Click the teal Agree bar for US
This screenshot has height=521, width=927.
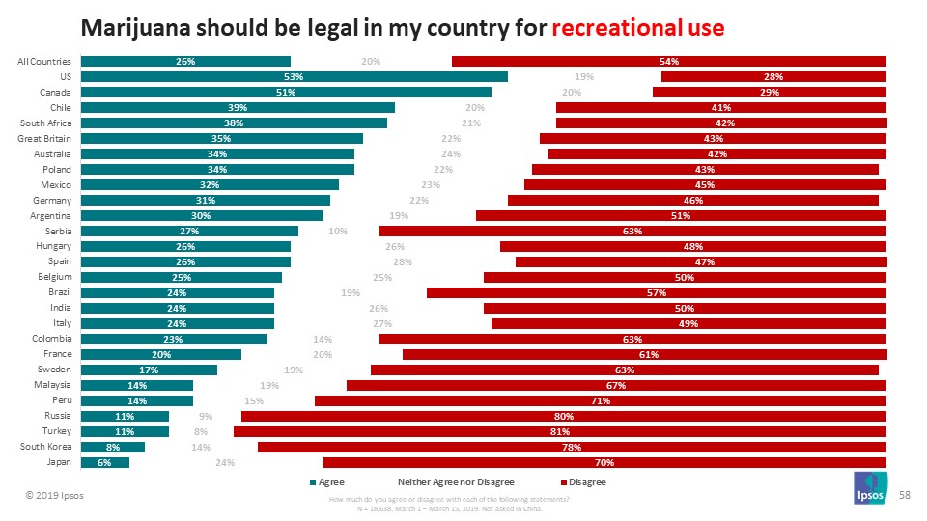click(295, 77)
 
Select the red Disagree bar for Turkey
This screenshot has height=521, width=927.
click(560, 431)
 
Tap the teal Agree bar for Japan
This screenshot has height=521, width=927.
click(104, 462)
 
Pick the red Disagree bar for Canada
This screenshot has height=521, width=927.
click(769, 93)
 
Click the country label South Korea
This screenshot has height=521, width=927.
click(45, 447)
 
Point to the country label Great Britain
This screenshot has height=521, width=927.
click(44, 138)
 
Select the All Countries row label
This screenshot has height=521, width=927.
click(44, 62)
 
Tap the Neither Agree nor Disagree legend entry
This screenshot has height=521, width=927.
click(456, 481)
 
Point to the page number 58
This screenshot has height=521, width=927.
click(906, 493)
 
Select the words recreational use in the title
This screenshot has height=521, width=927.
click(637, 27)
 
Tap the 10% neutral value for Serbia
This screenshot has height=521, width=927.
click(338, 232)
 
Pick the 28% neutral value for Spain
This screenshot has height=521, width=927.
click(403, 262)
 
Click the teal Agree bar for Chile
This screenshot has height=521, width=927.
click(238, 108)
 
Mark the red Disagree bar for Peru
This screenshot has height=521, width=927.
click(600, 400)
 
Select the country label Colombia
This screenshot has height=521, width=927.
click(51, 339)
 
